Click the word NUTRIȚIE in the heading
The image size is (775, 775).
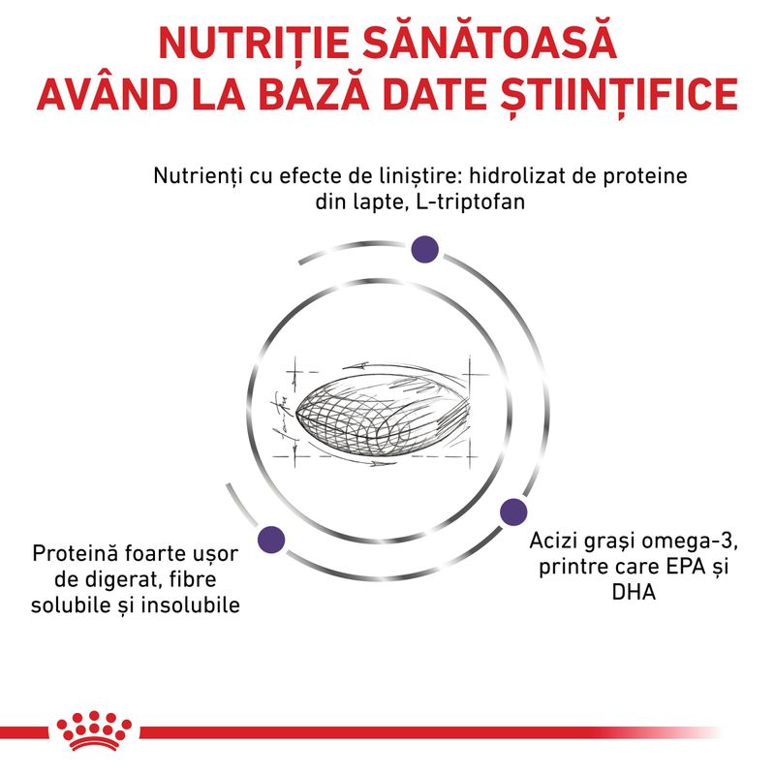tap(254, 44)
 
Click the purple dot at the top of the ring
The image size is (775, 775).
tap(425, 249)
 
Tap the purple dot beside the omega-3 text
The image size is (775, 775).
tap(513, 511)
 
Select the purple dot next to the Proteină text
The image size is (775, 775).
tap(271, 540)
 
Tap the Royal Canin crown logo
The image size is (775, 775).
tap(94, 730)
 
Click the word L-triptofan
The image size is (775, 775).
tap(471, 201)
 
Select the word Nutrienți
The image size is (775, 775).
tap(199, 176)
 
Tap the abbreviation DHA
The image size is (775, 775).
tap(634, 592)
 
